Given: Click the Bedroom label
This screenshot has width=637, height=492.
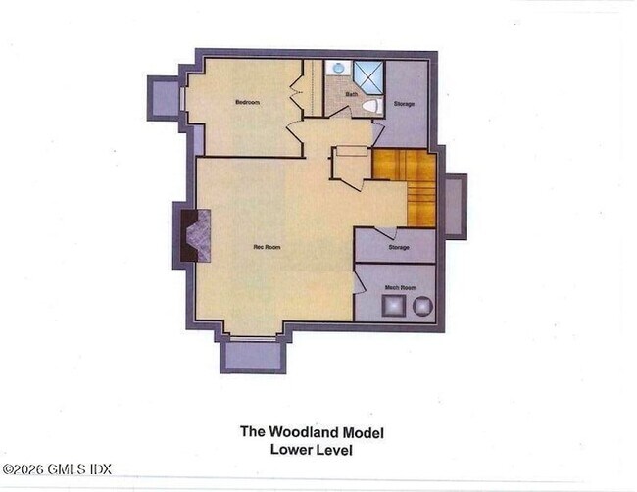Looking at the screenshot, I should (x=247, y=102).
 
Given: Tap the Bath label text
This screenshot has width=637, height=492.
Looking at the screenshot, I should (x=350, y=94).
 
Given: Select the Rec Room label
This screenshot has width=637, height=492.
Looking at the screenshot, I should (x=267, y=247).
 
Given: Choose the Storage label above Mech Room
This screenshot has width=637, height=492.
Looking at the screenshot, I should (x=398, y=248).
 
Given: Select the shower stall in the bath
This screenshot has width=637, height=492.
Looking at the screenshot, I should (x=368, y=73).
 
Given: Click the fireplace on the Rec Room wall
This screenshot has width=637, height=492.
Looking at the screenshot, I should (x=193, y=235).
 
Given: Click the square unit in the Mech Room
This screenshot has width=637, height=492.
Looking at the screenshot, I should (x=391, y=307).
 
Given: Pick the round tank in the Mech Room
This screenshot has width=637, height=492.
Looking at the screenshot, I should (x=421, y=307).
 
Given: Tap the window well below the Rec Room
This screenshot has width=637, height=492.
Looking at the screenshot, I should (x=253, y=354).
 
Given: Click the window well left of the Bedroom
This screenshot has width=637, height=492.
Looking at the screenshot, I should (x=163, y=97).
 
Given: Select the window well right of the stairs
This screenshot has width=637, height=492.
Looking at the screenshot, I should (x=456, y=206).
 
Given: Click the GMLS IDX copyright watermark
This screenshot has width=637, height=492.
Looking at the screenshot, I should (x=56, y=469).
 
